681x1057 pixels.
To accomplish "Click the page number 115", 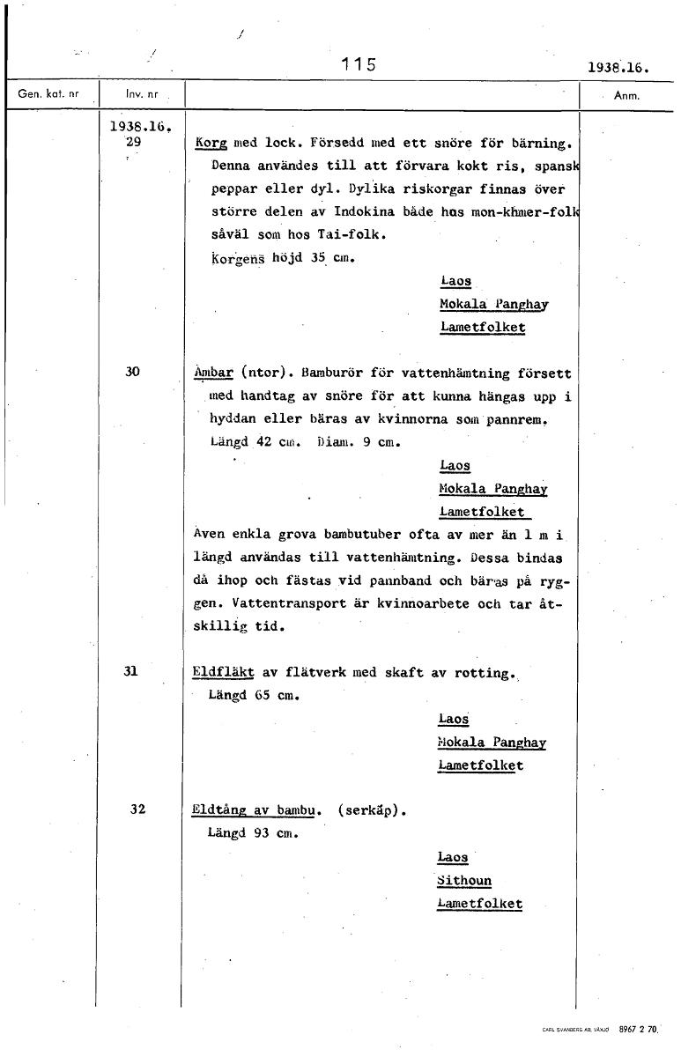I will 359,64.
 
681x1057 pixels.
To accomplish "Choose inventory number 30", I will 132,372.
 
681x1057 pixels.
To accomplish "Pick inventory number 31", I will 131,671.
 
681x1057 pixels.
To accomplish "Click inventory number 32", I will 137,809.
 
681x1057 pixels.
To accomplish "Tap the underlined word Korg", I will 211,142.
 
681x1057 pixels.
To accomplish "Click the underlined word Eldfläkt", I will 223,673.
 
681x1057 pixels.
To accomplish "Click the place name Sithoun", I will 464,881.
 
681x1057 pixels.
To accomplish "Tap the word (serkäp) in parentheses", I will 371,810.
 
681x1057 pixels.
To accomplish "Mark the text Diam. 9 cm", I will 359,443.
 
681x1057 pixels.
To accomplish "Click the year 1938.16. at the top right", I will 617,66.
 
